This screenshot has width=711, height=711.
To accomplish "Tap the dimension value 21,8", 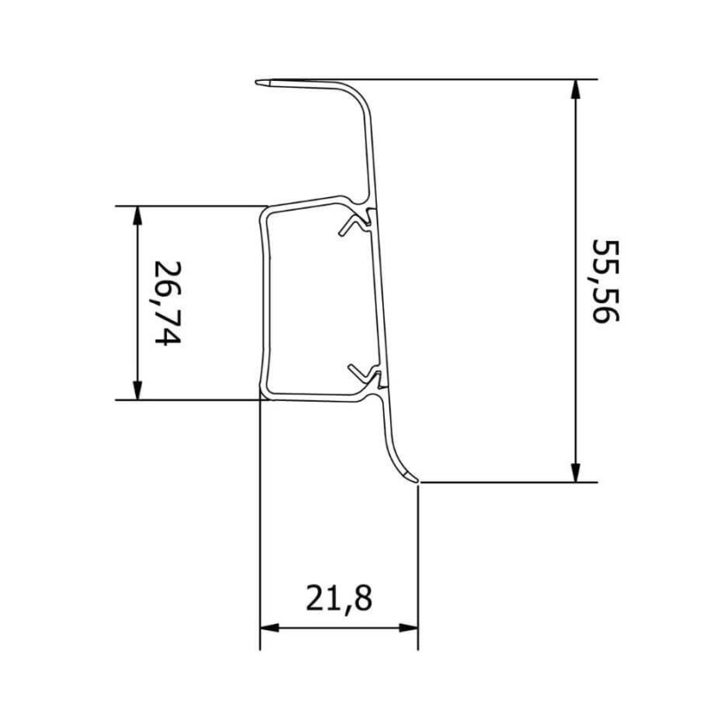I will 338,598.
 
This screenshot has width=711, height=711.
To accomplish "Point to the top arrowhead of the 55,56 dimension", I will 577,86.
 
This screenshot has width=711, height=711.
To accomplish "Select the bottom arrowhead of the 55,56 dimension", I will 577,475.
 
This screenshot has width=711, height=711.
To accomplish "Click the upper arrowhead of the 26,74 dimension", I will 137,213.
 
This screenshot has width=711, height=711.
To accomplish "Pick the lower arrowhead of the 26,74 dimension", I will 137,392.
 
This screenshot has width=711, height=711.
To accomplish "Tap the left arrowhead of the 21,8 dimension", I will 267,627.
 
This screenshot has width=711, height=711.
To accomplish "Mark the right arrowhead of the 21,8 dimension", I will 411,627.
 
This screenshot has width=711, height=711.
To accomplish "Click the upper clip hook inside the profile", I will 358,223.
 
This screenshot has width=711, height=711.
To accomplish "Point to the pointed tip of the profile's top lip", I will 259,83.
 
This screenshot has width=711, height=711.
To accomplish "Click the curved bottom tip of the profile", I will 412,480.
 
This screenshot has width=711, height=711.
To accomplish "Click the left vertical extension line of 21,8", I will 260,533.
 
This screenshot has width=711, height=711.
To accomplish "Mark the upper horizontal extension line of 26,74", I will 187,206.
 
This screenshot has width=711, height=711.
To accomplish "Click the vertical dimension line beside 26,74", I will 137,267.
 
